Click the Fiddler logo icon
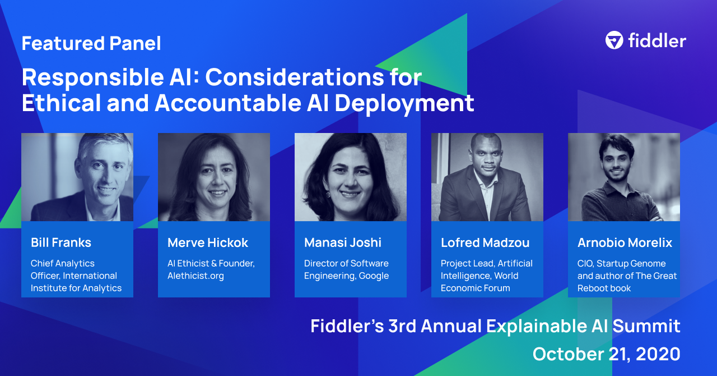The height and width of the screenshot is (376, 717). (614, 40)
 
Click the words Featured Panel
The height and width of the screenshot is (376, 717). (91, 43)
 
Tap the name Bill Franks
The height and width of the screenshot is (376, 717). (61, 242)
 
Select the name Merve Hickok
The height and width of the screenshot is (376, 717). (208, 242)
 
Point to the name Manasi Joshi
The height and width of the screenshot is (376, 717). (343, 242)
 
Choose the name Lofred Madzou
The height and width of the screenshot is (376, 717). (485, 242)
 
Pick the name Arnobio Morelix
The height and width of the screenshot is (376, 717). (625, 242)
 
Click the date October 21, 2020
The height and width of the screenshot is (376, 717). (606, 354)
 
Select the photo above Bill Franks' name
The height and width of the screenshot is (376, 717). (77, 177)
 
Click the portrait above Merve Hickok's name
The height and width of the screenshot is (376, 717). (214, 177)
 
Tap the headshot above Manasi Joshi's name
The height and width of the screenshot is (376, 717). (351, 177)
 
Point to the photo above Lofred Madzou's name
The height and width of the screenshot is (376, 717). (487, 177)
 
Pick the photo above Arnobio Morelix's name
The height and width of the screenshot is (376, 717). (624, 177)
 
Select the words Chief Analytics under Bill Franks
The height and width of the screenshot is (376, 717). (63, 263)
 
